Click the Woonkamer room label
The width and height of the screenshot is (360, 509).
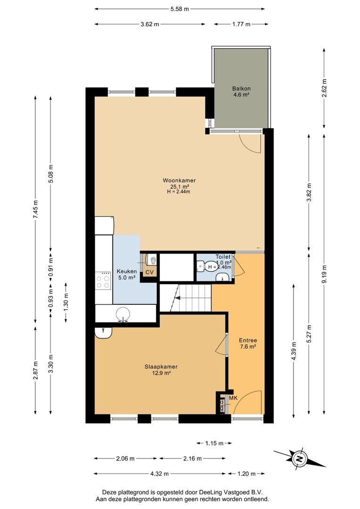[x=179, y=181]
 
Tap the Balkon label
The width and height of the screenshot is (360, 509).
[x=241, y=88]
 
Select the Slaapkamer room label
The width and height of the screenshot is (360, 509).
[x=161, y=367]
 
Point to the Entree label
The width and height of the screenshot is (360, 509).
[x=248, y=341]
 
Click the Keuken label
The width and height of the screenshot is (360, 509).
[x=127, y=271]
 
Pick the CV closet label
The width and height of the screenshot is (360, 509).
[x=149, y=272]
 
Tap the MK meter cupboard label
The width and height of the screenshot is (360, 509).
[x=233, y=398]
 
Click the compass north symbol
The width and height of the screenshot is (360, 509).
[x=300, y=459]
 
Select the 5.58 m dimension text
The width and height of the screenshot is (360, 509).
[x=180, y=9]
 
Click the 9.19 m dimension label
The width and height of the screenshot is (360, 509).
[x=324, y=274]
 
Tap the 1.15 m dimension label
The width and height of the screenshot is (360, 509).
[x=214, y=443]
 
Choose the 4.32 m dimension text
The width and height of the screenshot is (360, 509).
[x=159, y=474]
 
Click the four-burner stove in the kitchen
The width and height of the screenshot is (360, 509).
[x=103, y=280]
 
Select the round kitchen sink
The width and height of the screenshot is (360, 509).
[x=123, y=313]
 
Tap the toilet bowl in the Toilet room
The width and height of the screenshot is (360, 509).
[x=201, y=267]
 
